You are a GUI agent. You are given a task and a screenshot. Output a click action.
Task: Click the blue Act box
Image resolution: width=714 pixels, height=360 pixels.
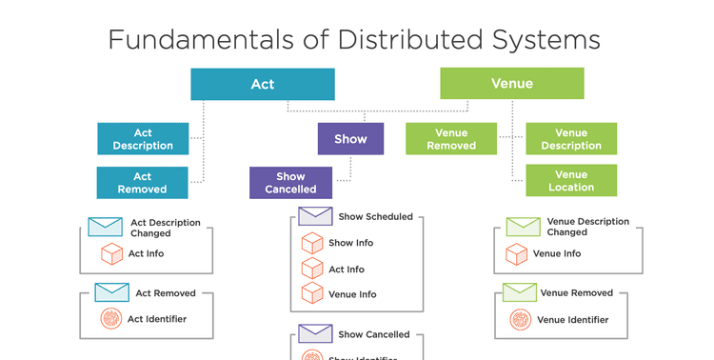[262, 84]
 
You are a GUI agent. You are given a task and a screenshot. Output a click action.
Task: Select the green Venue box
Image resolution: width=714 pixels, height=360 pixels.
[511, 84]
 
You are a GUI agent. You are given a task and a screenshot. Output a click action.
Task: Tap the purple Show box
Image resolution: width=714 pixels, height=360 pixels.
[350, 139]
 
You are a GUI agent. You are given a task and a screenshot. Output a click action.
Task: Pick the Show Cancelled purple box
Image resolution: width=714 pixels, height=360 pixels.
[290, 183]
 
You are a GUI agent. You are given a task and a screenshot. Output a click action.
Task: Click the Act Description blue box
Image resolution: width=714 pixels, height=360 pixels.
[142, 139]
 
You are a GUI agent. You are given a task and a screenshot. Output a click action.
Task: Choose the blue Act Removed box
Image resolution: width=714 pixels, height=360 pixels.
[142, 183]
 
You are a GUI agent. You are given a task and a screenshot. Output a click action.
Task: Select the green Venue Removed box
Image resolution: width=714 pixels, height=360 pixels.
[451, 139]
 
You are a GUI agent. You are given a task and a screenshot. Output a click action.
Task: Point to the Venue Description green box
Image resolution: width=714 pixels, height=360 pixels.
[571, 139]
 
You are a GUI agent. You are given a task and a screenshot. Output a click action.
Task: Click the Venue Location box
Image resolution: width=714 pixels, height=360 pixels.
[571, 181]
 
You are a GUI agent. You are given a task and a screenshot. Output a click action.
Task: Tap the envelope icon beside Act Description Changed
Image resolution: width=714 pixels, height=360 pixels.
[105, 227]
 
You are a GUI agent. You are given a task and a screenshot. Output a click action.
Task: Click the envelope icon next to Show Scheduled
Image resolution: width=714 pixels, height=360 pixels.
[314, 216]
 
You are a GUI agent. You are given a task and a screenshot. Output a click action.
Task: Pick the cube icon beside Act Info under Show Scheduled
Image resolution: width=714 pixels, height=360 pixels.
[312, 269]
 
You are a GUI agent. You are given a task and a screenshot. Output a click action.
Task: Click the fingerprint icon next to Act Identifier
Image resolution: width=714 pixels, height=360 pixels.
[111, 319]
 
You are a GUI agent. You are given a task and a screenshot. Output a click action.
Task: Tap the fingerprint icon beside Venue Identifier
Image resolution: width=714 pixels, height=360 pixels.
[520, 319]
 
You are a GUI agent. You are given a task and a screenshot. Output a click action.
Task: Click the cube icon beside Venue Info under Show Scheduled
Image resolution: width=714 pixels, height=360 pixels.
[312, 293]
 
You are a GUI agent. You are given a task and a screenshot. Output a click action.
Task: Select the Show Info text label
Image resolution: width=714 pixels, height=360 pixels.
[351, 243]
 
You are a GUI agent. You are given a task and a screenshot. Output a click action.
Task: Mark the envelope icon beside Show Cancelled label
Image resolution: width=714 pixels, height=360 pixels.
[314, 334]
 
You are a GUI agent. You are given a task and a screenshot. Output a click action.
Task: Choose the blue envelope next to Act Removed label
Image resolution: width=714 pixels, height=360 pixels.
[111, 292]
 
